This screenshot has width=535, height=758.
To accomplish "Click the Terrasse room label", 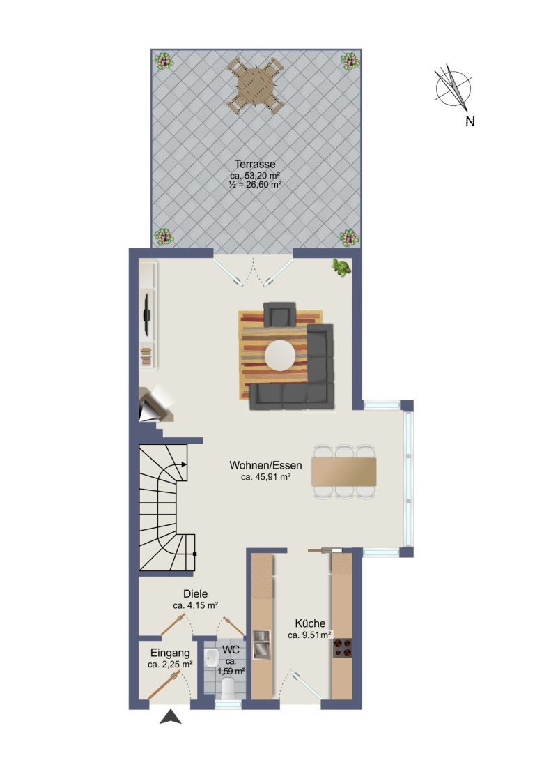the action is [x=255, y=165].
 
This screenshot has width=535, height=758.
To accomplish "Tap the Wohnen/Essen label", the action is [x=265, y=466].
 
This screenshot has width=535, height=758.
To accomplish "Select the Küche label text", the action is [x=310, y=623].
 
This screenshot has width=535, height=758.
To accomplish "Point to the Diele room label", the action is [x=196, y=594].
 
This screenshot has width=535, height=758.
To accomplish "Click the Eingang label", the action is [x=171, y=653].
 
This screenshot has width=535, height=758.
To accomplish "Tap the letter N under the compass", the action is [x=470, y=121].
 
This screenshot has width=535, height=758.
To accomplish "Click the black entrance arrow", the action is [x=171, y=717].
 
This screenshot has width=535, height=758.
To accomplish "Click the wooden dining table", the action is [x=344, y=471].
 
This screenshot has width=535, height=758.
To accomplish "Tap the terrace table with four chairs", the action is [x=254, y=86].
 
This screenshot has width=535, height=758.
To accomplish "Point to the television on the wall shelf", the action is [x=147, y=314].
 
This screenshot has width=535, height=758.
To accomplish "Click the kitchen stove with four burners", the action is [x=342, y=648].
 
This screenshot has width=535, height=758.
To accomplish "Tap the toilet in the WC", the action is [x=227, y=688].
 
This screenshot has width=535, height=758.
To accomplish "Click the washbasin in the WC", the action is [x=212, y=658].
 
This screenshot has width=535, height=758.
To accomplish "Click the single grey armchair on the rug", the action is [x=279, y=314].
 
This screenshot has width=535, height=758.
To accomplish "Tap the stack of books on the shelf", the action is [x=146, y=357].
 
